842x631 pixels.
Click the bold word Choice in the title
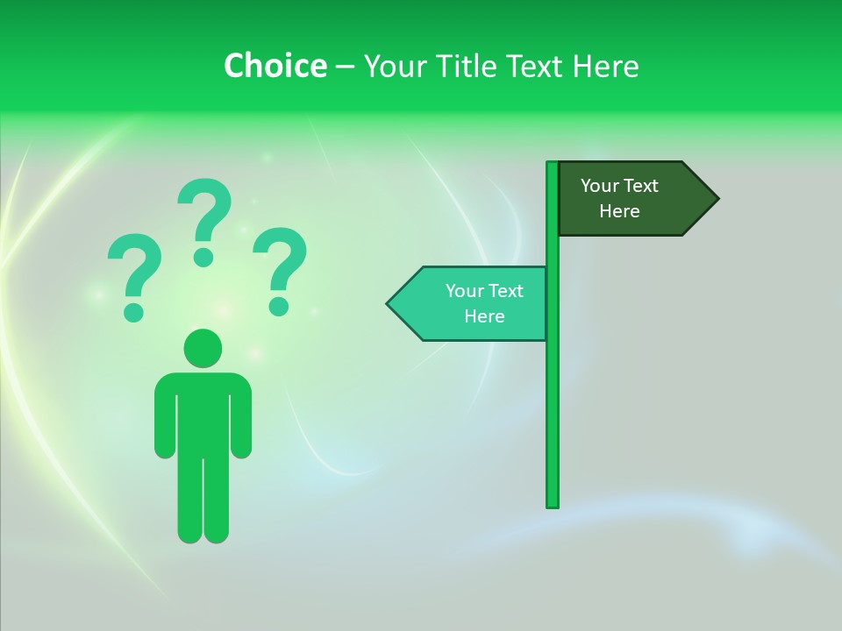click(x=275, y=66)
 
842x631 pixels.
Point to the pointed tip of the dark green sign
click(x=717, y=199)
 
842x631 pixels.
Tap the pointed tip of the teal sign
click(x=389, y=304)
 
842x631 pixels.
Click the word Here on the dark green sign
click(x=619, y=211)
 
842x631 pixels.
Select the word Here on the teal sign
click(x=484, y=316)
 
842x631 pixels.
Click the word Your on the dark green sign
click(x=600, y=186)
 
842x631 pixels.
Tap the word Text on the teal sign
click(x=505, y=291)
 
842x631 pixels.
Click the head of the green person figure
click(x=203, y=348)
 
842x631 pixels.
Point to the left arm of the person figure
click(x=165, y=416)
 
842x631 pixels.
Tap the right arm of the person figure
click(x=241, y=416)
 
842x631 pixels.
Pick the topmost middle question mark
click(x=204, y=219)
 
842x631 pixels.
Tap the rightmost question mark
click(x=280, y=268)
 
